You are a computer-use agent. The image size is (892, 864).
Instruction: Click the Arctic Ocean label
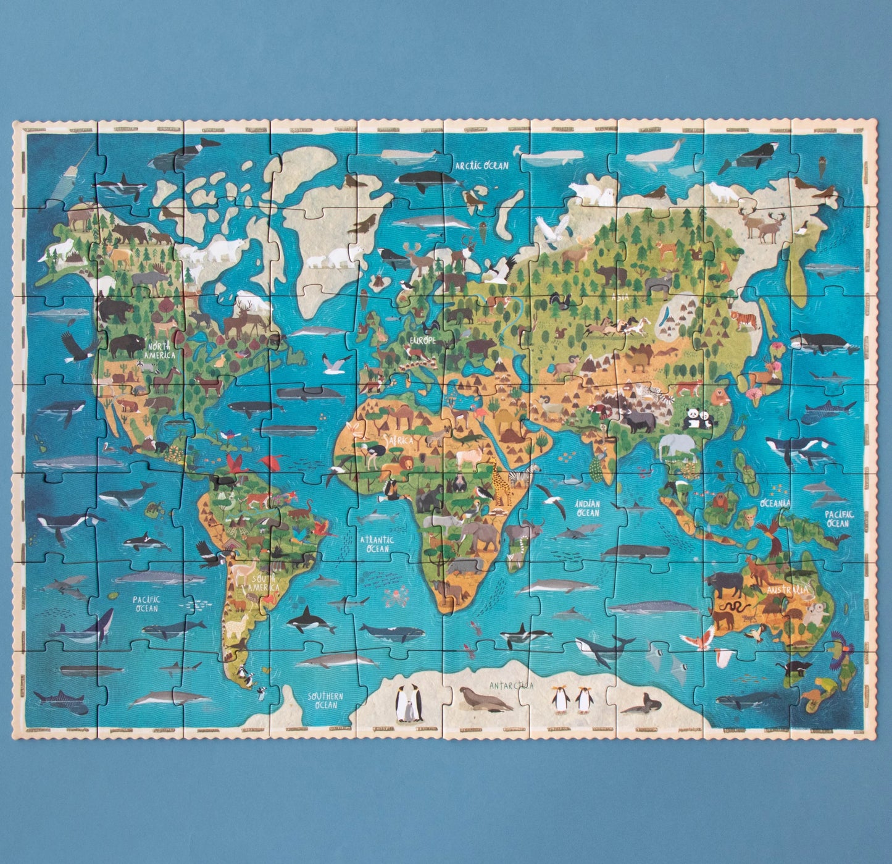click(x=481, y=166)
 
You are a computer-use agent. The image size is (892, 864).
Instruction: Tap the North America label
click(x=159, y=351)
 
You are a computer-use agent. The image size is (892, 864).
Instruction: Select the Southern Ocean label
click(x=325, y=700)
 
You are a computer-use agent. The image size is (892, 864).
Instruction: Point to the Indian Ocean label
click(x=587, y=508)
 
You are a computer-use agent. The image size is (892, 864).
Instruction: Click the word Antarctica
click(x=511, y=685)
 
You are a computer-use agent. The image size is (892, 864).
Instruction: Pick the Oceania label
click(x=776, y=503)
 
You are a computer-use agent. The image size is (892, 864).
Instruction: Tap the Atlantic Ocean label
click(x=375, y=544)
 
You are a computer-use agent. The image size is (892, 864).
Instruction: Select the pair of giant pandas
click(x=698, y=419)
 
